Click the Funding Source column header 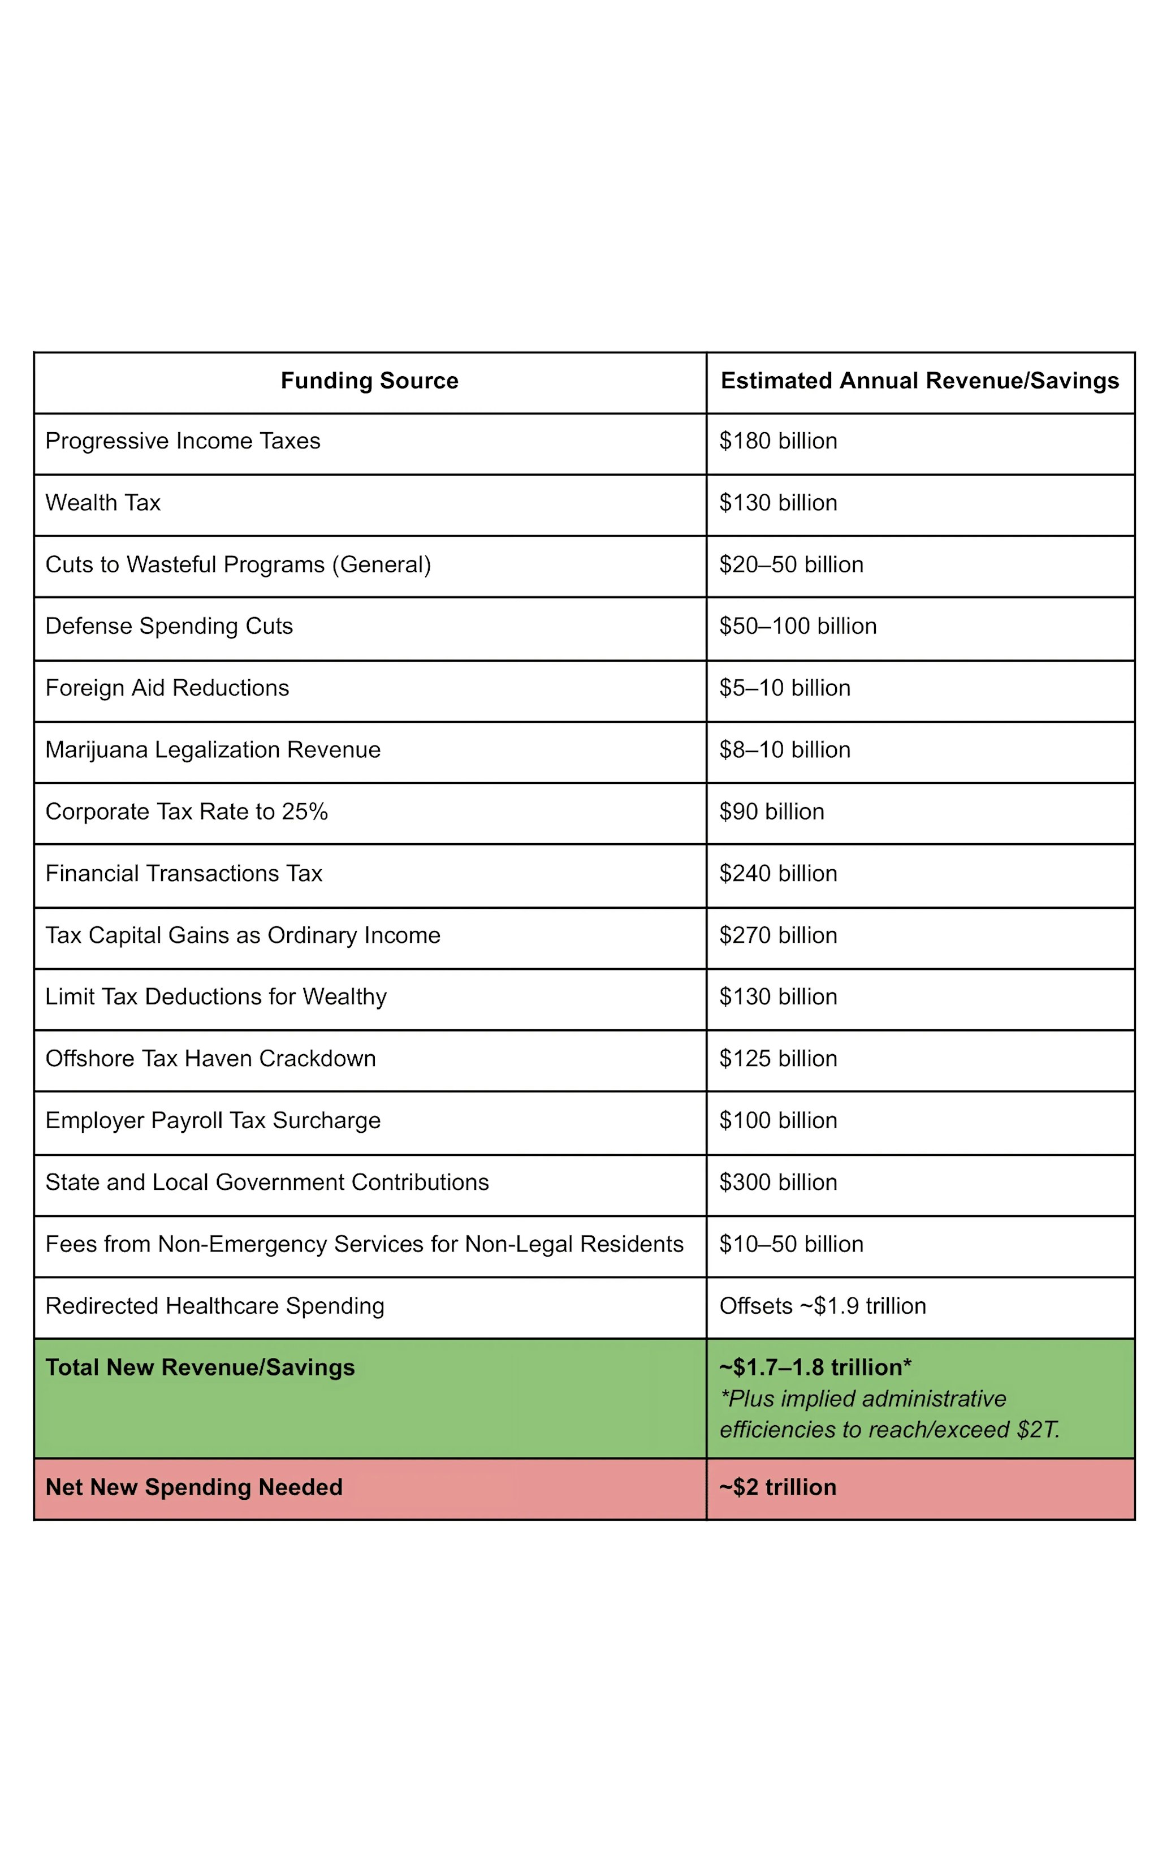tap(369, 381)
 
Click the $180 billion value tap(777, 441)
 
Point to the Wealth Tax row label tap(103, 503)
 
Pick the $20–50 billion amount tap(790, 564)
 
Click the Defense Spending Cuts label tap(168, 627)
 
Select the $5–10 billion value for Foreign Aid tap(784, 688)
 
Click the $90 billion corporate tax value tap(771, 812)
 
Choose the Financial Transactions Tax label tap(183, 874)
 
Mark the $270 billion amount tap(777, 935)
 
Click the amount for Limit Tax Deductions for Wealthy tap(777, 996)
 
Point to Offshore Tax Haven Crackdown tap(210, 1058)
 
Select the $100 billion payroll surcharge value tap(777, 1120)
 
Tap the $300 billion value tap(777, 1183)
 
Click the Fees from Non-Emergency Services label tap(364, 1244)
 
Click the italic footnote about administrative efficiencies tap(888, 1414)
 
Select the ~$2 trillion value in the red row tap(777, 1487)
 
